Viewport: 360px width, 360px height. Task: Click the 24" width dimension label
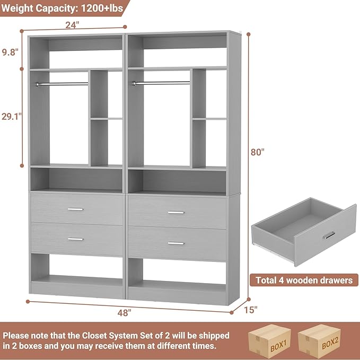coord(73,24)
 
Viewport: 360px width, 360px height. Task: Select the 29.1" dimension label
coord(11,117)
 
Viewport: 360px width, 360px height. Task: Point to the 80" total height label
coord(257,152)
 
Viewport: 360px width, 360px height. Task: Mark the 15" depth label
coord(251,309)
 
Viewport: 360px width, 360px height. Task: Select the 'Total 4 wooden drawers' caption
coord(304,280)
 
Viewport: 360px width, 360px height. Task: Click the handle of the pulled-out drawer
coord(329,235)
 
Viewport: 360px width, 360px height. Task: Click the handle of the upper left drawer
coord(75,209)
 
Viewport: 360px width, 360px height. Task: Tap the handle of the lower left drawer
coord(75,239)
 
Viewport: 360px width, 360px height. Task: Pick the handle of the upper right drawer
coord(175,213)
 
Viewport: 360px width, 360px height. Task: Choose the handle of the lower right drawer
coord(175,243)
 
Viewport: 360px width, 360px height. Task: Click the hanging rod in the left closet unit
coord(62,84)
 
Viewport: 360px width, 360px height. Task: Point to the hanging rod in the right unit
coord(161,83)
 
